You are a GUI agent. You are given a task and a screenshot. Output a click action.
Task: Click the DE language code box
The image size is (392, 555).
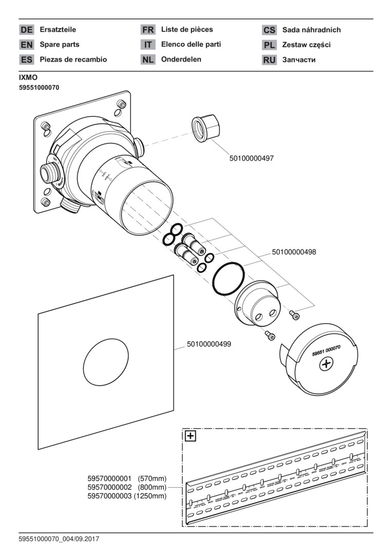pos(26,30)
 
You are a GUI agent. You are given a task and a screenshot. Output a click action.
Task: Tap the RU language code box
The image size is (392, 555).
pos(269,60)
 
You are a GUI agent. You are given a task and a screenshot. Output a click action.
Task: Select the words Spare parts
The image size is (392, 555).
pos(60,45)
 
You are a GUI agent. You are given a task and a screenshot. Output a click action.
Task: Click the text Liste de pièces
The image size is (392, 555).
pos(187,30)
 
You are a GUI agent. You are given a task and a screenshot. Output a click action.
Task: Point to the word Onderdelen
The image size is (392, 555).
pos(181,59)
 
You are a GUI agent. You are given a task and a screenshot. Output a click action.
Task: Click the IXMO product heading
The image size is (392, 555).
pos(28,78)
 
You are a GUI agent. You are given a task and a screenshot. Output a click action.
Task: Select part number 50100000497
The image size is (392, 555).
pos(252,159)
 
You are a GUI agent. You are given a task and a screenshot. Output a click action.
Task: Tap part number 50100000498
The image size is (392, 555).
pos(294,252)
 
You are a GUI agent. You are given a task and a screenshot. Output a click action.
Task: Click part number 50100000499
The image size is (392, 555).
pos(209,344)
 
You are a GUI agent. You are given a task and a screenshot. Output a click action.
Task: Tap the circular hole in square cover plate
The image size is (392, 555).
pos(106,364)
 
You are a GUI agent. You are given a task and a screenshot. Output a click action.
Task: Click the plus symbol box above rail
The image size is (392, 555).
pos(191,437)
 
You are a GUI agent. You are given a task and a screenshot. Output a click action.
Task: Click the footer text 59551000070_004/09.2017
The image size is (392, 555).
pos(59,539)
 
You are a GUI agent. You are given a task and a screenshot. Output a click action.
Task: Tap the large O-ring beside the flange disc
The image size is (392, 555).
pos(229,280)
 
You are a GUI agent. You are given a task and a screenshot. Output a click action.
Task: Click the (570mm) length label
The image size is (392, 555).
pos(152,478)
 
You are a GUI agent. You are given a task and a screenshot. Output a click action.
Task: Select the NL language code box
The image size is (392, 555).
pos(148,60)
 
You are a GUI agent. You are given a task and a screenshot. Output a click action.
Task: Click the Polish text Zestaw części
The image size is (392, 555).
pos(307,45)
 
